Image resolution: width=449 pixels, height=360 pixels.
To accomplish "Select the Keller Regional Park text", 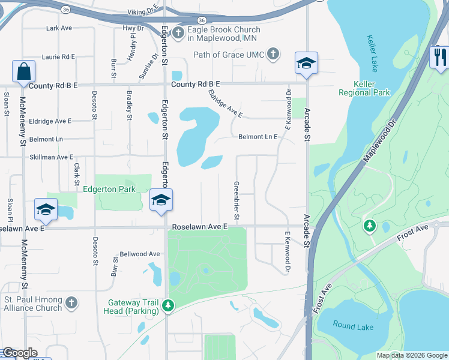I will click(364, 88).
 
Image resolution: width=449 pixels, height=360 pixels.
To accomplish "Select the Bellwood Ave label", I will click(140, 254).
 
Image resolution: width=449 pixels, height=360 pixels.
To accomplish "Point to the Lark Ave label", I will click(59, 28).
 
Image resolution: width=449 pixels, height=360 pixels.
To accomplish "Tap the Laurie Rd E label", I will click(58, 56).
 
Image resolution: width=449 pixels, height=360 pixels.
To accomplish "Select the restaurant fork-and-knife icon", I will click(440, 57).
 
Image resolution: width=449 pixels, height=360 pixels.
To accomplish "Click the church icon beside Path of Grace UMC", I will click(273, 55).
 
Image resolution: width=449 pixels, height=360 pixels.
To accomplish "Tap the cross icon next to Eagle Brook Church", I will click(178, 32).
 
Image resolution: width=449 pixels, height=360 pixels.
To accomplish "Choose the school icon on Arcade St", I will click(306, 63).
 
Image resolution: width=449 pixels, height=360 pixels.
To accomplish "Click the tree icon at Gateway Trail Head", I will click(169, 306).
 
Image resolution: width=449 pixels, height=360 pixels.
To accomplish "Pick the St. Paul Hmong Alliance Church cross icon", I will click(71, 303).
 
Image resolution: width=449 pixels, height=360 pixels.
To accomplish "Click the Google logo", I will click(20, 353).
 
